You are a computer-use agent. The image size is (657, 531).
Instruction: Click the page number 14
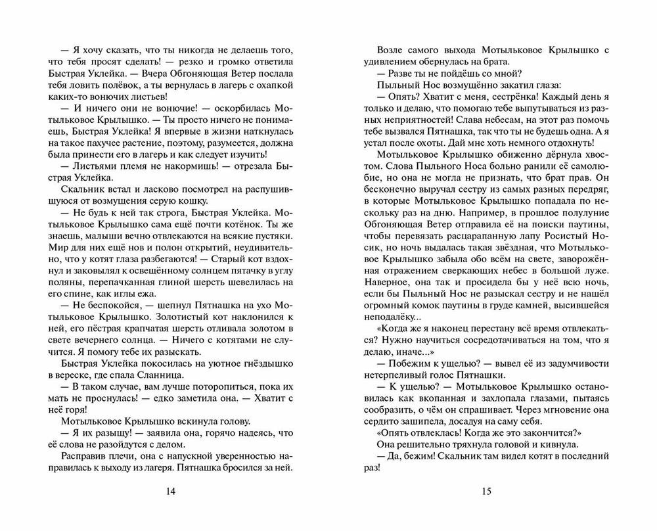(x=171, y=491)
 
